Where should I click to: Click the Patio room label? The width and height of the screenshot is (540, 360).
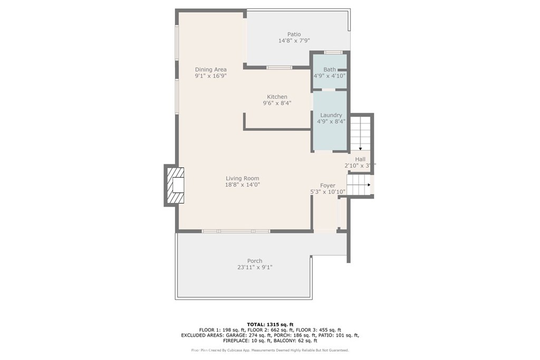click(294, 34)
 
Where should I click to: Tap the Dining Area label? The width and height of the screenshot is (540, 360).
click(210, 70)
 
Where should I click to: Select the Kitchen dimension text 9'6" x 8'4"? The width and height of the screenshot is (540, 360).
click(277, 103)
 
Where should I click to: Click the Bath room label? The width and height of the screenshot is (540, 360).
click(330, 70)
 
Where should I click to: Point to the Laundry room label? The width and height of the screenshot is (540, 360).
click(331, 115)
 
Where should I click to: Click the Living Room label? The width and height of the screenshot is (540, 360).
click(243, 178)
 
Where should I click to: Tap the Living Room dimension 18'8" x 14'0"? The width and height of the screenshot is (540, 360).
click(243, 184)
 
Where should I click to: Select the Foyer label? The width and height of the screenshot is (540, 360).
click(327, 186)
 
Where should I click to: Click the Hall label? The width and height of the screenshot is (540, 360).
click(360, 159)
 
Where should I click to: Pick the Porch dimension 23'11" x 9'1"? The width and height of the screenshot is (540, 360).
click(255, 267)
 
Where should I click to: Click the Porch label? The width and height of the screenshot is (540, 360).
click(255, 261)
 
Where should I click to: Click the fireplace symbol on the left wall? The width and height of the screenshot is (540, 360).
click(175, 185)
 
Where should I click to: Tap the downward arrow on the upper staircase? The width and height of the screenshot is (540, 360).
click(360, 149)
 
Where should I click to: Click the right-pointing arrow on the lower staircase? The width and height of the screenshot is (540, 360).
click(368, 185)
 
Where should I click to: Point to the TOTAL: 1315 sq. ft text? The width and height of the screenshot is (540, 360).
click(269, 324)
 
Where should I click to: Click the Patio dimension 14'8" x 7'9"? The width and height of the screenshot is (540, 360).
click(294, 41)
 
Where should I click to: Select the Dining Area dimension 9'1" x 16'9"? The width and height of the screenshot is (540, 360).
click(210, 76)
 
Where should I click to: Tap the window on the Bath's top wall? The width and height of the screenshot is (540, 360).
click(333, 52)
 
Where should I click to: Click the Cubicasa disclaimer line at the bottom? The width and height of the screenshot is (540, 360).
click(269, 350)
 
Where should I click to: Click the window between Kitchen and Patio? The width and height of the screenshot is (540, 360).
click(279, 67)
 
